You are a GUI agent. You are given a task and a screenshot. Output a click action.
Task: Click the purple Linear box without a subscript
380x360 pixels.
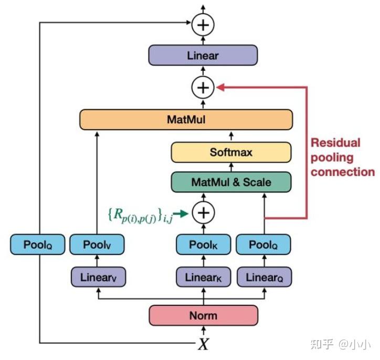203,55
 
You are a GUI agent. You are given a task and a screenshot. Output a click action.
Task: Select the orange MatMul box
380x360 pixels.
185,120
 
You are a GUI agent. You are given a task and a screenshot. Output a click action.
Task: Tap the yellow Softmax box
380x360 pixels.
231,152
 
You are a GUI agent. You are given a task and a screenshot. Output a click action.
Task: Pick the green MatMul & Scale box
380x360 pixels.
231,182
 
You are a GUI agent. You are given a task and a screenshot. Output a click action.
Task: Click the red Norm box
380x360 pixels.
203,315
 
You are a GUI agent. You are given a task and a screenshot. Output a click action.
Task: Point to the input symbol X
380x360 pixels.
203,344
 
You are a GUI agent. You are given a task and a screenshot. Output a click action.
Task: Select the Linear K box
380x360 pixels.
203,277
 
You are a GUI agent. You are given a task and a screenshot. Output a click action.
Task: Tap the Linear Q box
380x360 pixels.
263,277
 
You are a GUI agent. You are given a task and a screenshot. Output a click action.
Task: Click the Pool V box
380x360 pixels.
97,245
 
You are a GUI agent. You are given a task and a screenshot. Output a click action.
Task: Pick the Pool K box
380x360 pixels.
203,245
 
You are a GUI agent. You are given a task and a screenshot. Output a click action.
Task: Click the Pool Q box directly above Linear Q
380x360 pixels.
263,245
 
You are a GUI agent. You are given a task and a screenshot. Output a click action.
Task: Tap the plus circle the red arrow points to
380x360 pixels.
203,88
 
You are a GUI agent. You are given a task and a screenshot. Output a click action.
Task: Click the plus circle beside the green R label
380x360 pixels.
203,213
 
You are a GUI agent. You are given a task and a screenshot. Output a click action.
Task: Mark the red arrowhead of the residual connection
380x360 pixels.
221,88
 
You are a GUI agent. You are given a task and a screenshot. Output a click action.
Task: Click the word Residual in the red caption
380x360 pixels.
335,143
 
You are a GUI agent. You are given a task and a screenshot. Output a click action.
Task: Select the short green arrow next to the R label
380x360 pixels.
181,213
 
